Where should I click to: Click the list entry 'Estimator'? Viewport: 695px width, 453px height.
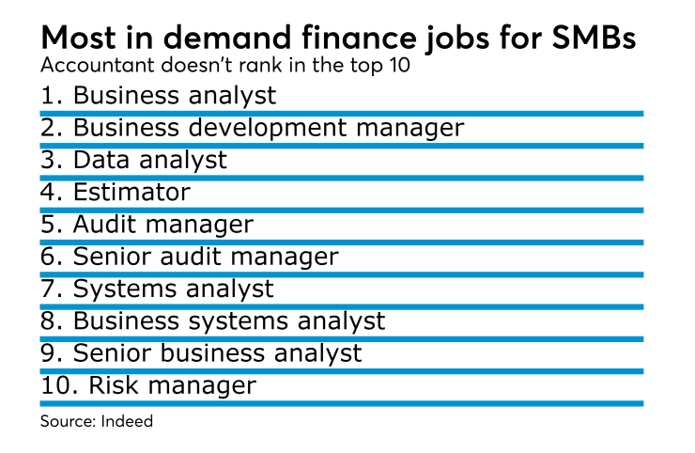point(131,193)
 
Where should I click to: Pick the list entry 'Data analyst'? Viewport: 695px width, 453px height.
point(149,160)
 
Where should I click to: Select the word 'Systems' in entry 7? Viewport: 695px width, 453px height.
point(115,289)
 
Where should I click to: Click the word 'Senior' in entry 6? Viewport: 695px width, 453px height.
point(114,256)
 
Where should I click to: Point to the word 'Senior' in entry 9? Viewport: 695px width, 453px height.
point(114,353)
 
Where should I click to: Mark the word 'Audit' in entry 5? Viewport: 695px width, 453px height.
point(102,225)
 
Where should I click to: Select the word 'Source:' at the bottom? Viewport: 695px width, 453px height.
point(67,421)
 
